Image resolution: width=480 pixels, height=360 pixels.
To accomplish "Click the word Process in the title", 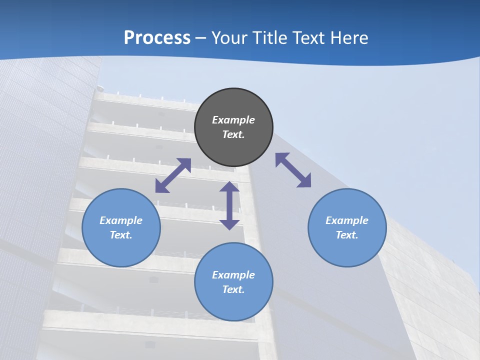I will point(157,38).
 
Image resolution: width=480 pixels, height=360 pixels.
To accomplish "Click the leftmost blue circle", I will point(121,227).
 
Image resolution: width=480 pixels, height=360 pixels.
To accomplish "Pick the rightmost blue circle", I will point(347,227).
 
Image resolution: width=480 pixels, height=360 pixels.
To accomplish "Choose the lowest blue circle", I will point(233,281).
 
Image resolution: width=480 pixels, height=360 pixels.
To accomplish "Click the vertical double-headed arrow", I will point(229,205).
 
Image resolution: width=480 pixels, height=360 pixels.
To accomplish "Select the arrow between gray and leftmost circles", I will point(173,175).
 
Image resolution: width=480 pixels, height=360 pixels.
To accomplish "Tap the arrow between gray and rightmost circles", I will point(293,170).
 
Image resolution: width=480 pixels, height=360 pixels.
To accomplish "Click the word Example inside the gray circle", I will point(233,120).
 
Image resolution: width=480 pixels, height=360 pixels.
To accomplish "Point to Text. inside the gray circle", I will point(233,134).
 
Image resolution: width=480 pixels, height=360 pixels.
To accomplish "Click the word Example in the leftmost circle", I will point(121,220).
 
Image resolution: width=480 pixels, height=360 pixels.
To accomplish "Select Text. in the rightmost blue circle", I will point(347,235).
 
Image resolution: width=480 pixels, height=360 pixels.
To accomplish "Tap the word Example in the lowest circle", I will point(233,275).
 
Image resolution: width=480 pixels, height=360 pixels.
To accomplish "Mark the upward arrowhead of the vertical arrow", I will point(229,187).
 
